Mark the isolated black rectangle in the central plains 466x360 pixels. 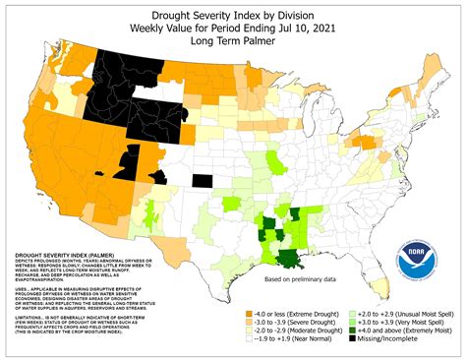(202, 180)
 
